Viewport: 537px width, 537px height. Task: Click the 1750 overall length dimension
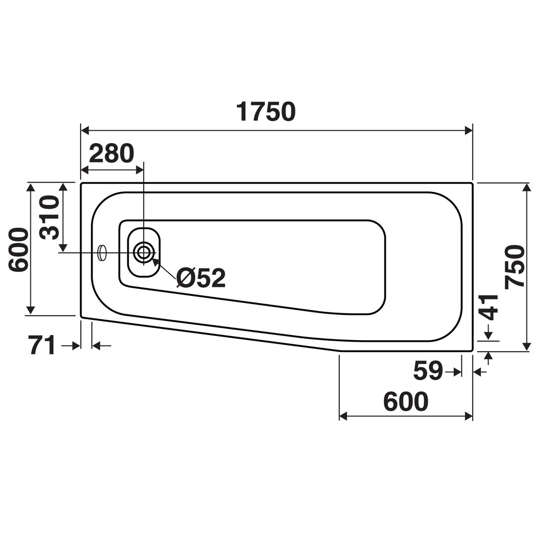tap(266, 112)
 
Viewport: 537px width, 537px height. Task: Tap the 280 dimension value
tap(112, 154)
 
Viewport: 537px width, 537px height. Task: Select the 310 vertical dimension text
tap(49, 217)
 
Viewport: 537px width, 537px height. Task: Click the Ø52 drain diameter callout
tap(201, 278)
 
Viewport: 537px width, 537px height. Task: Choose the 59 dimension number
tap(428, 370)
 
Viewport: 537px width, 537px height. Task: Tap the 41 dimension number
tap(488, 308)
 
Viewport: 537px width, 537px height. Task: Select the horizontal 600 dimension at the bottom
tap(406, 401)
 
